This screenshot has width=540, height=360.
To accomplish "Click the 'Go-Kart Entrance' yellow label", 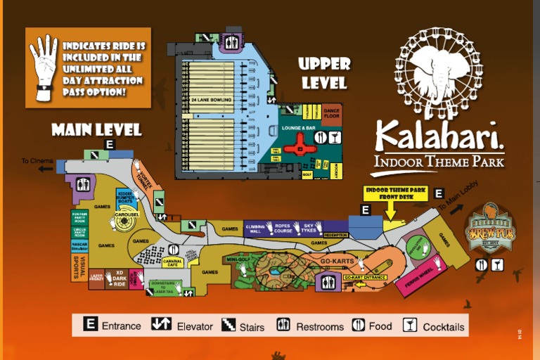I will point(365,277).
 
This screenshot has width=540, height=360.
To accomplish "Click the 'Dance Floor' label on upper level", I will point(332,112).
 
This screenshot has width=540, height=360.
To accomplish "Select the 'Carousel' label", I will point(128,214).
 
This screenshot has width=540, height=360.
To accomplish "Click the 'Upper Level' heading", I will point(323,73).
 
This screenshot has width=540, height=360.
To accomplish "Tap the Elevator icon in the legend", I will point(161,325).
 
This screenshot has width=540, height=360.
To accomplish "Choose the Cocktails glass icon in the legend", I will point(410,325).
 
